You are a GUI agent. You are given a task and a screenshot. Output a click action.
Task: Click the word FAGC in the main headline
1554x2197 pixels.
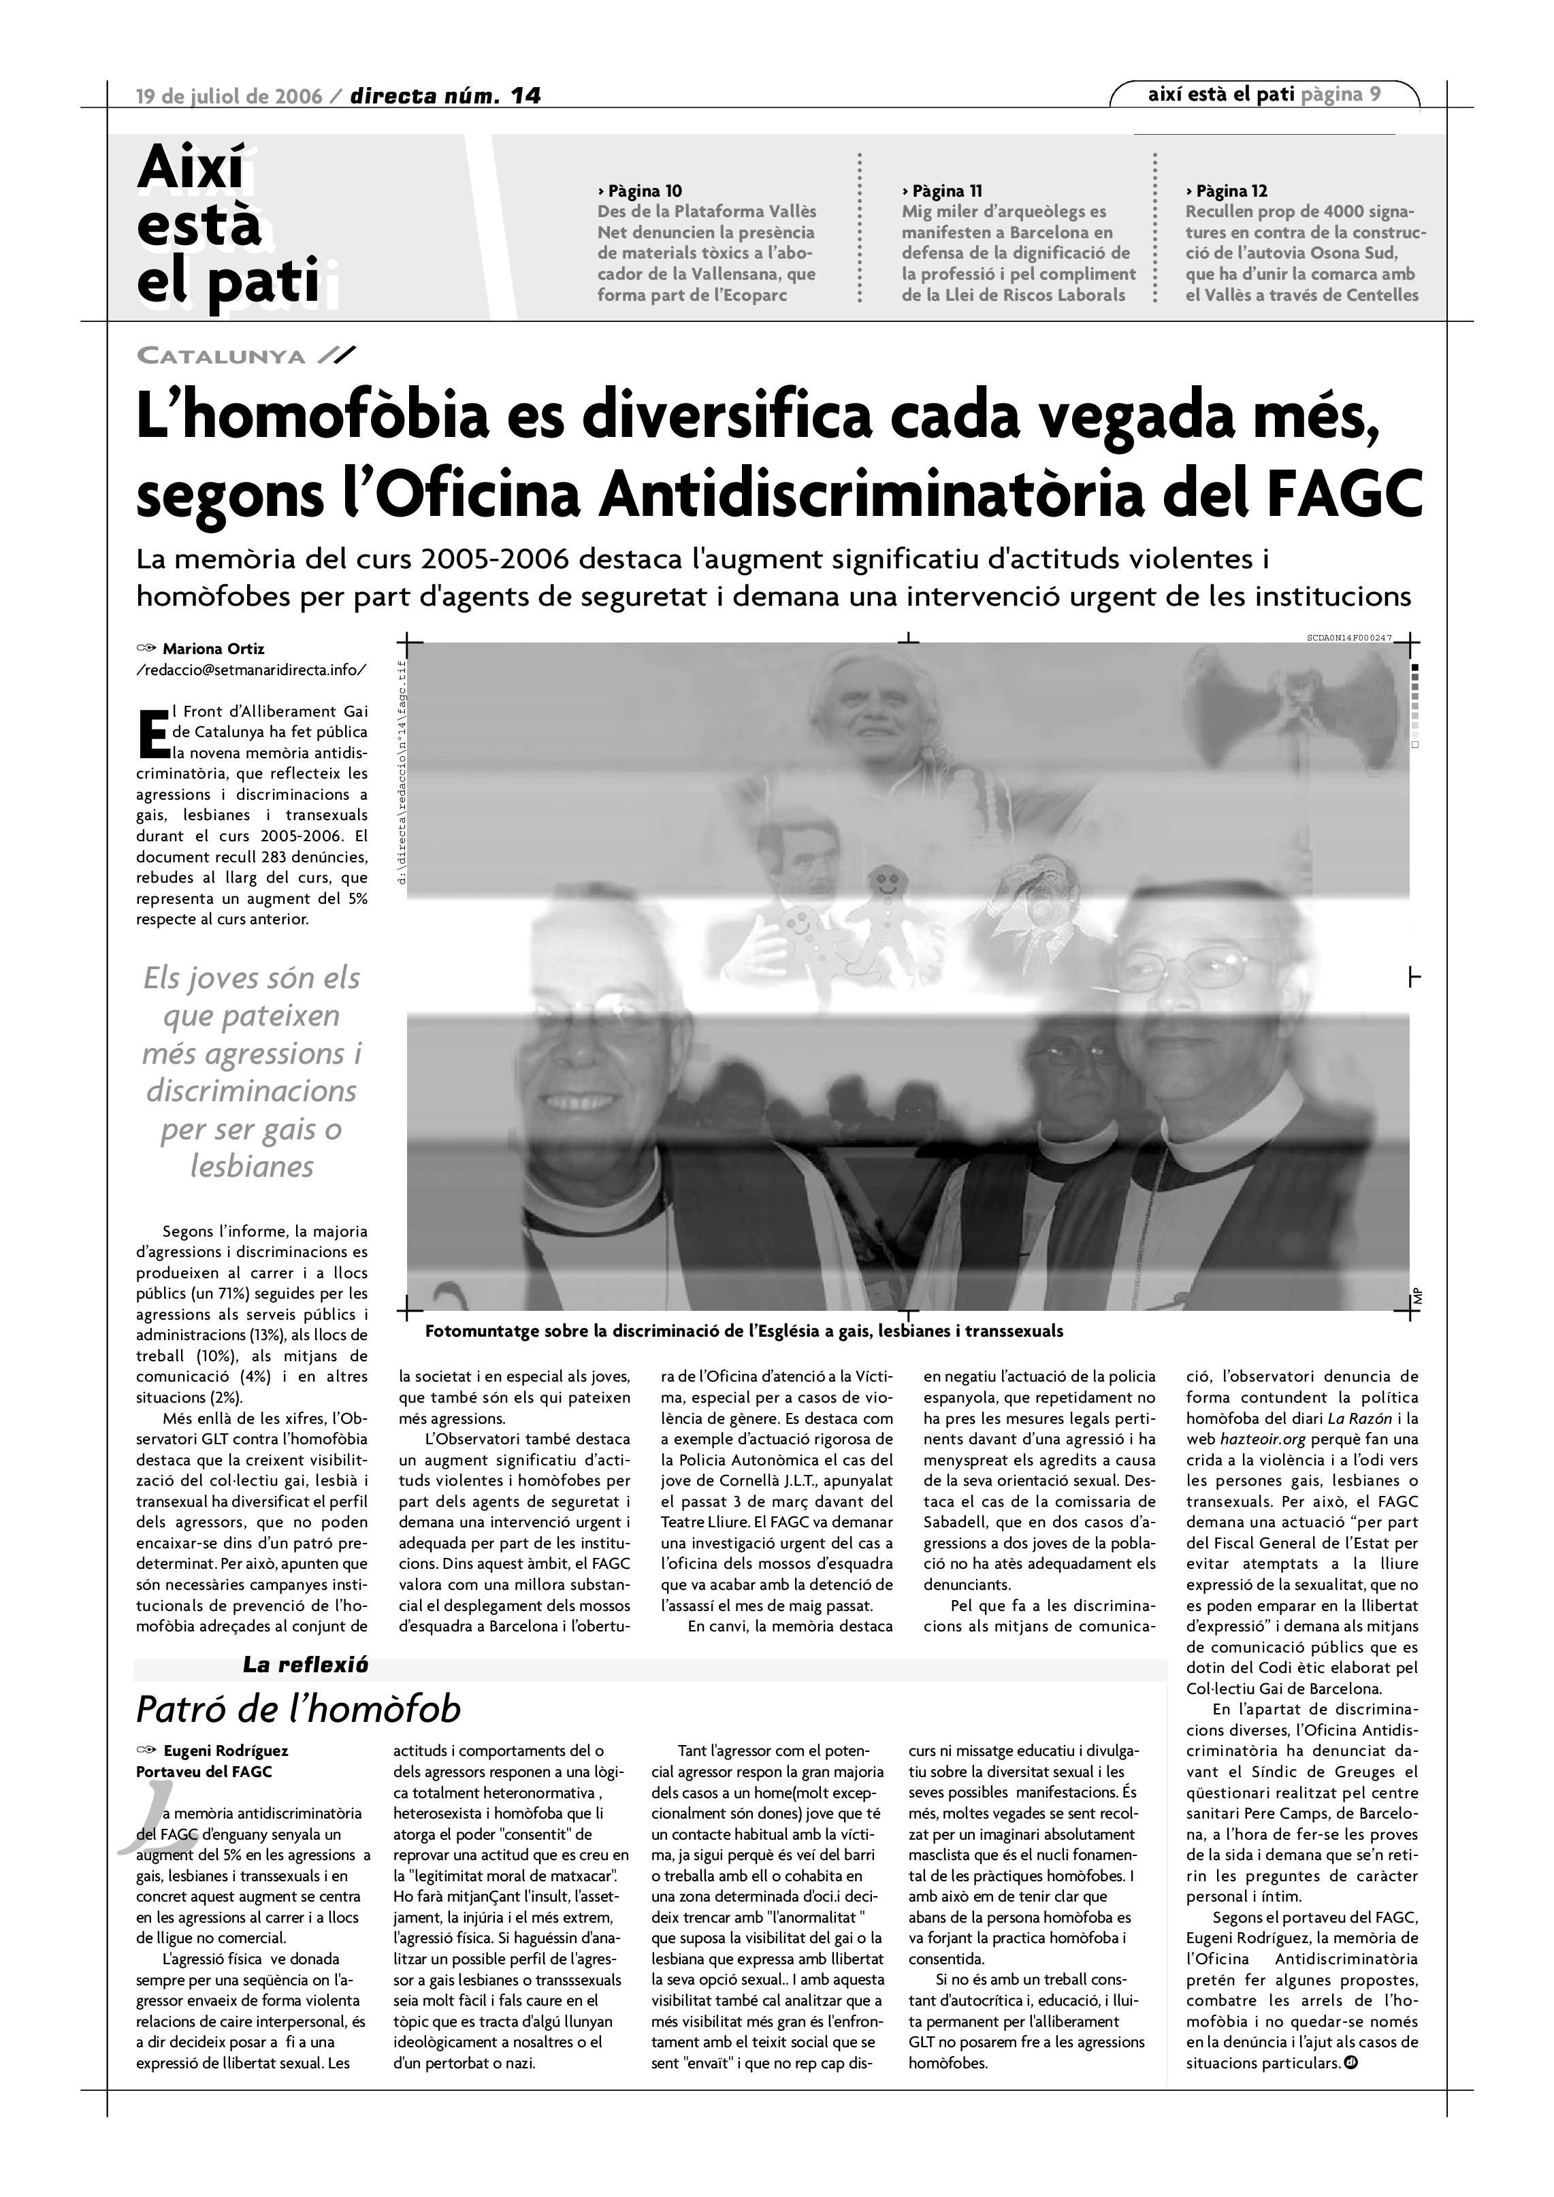tap(1348, 492)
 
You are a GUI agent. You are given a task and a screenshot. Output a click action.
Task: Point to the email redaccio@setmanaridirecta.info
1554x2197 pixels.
tap(250, 670)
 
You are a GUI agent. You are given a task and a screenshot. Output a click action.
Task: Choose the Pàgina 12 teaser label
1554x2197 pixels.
tap(1229, 191)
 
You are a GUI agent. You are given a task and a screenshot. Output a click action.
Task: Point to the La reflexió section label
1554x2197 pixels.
tap(305, 1665)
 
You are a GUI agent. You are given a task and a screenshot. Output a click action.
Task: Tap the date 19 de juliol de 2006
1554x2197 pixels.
tap(229, 96)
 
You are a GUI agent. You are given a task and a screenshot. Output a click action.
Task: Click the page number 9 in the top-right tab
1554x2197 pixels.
tap(1375, 94)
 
